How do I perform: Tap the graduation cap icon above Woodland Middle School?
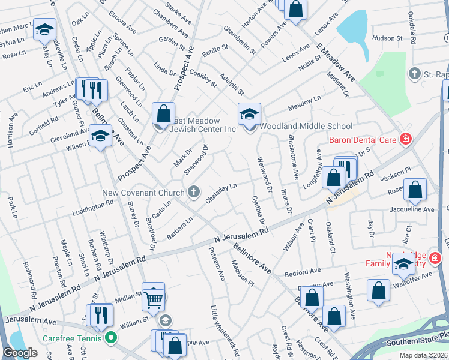(249, 113)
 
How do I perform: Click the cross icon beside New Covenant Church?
(193, 192)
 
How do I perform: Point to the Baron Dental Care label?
(363, 140)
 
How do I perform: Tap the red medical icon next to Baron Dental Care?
(406, 140)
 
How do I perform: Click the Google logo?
(20, 353)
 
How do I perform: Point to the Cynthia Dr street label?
(258, 210)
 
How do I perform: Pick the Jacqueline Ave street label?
(412, 210)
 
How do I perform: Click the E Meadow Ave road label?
(337, 64)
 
